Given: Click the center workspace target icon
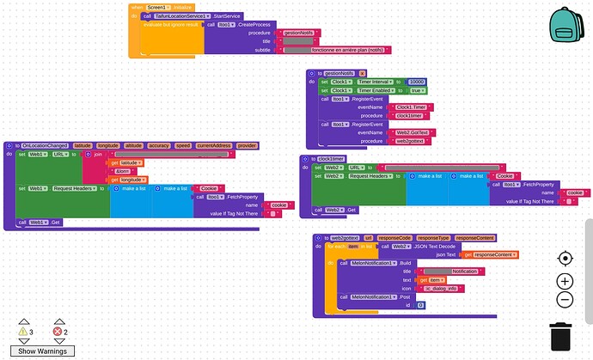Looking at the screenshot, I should click(x=565, y=259).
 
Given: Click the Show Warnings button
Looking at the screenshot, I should click(x=45, y=351).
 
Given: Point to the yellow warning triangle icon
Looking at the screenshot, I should click(x=22, y=331).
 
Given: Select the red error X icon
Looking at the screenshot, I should click(x=58, y=331).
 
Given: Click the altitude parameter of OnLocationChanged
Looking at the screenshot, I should click(x=133, y=146).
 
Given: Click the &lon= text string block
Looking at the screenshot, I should click(x=123, y=171).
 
